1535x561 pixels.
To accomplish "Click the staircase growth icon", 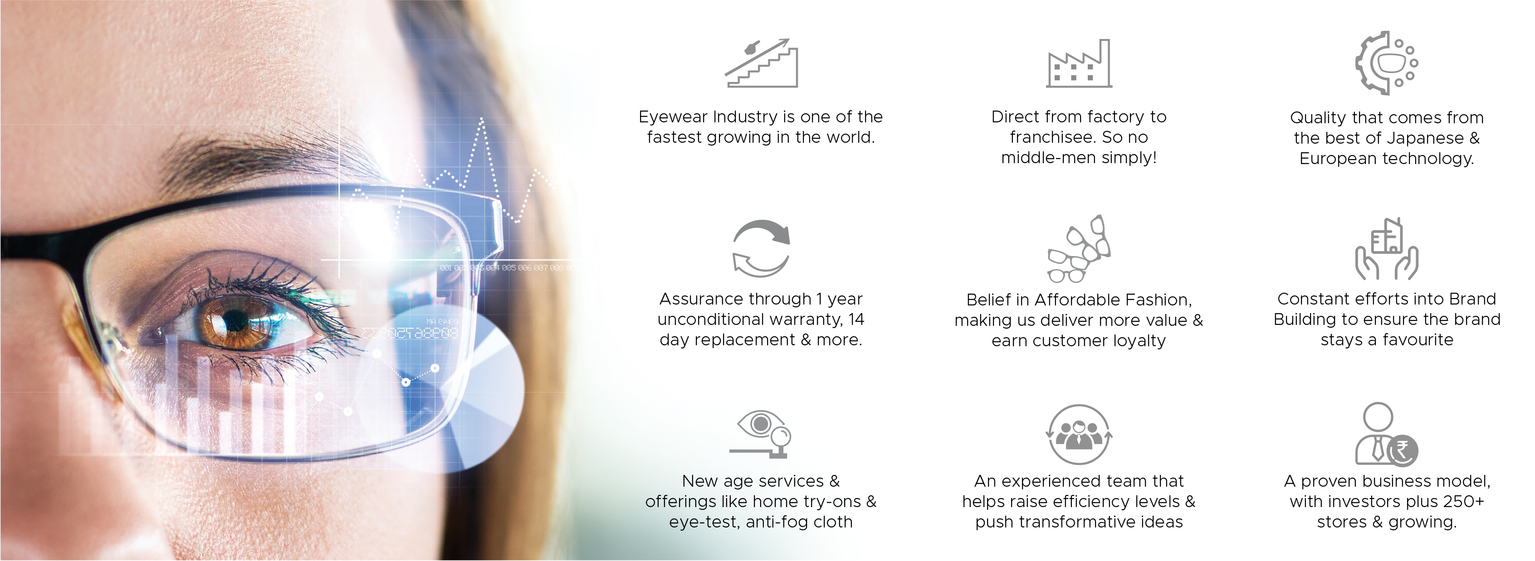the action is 761,63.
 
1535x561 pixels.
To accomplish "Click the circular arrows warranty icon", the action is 761,248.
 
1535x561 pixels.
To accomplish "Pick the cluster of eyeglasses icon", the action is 1079,249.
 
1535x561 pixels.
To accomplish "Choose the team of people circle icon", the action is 1079,434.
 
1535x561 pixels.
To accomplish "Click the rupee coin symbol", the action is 1402,450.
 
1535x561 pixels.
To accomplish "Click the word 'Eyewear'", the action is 673,117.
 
